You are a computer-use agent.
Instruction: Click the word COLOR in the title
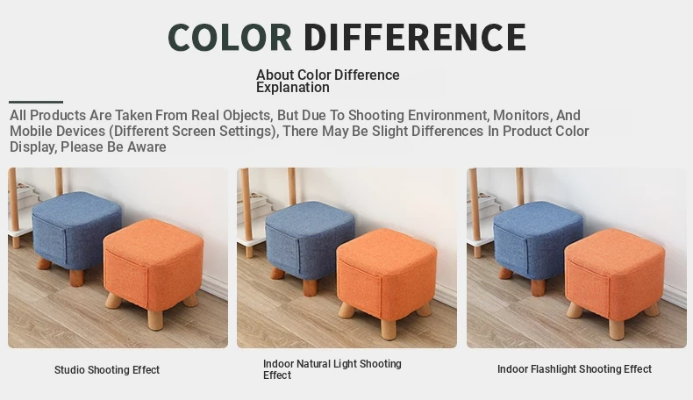pos(230,37)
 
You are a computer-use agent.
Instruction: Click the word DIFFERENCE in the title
pos(415,37)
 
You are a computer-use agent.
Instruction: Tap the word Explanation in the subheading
pos(293,88)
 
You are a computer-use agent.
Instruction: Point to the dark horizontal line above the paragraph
pos(36,102)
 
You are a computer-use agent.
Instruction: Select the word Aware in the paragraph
pos(146,146)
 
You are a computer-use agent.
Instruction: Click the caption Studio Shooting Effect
pos(107,370)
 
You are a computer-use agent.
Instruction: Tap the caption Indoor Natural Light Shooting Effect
pos(332,369)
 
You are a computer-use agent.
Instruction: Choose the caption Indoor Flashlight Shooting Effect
pos(575,369)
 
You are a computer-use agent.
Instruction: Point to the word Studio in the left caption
pos(69,370)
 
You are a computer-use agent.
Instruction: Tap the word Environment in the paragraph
pos(448,116)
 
